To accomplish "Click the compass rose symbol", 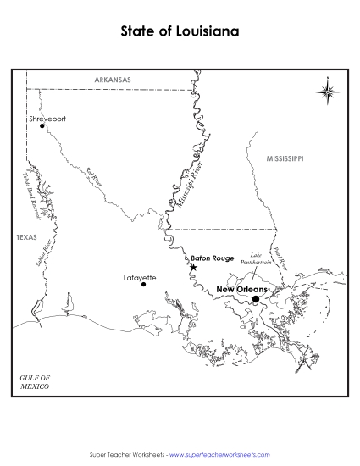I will pyautogui.click(x=329, y=91).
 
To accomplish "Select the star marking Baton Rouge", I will pyautogui.click(x=194, y=268).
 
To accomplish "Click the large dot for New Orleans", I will pyautogui.click(x=256, y=299).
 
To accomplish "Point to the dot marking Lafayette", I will pyautogui.click(x=143, y=285).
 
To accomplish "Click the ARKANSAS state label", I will pyautogui.click(x=113, y=80).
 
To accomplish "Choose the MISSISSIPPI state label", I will pyautogui.click(x=285, y=158).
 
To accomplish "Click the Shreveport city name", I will pyautogui.click(x=47, y=119).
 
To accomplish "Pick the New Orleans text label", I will pyautogui.click(x=241, y=290).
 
